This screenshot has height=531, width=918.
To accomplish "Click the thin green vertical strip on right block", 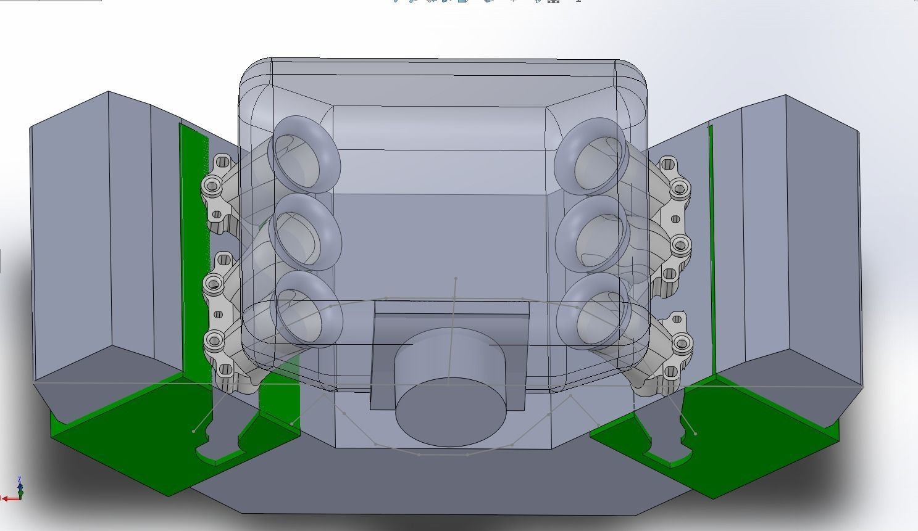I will (711, 247).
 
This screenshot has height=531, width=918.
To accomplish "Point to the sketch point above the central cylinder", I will (456, 279).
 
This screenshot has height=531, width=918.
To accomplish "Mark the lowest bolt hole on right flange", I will (682, 342).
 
